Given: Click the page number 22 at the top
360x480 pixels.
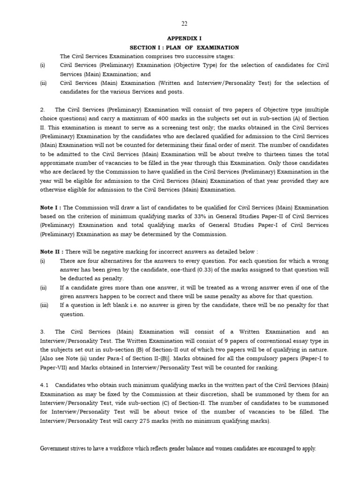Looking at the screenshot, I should point(184,24).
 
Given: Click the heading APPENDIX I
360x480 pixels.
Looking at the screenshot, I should point(184,39).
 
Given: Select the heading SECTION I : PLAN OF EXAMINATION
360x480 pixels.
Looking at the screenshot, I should point(184,48).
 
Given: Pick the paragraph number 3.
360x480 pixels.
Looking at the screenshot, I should point(42,331).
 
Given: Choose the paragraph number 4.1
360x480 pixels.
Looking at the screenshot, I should point(44,385).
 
